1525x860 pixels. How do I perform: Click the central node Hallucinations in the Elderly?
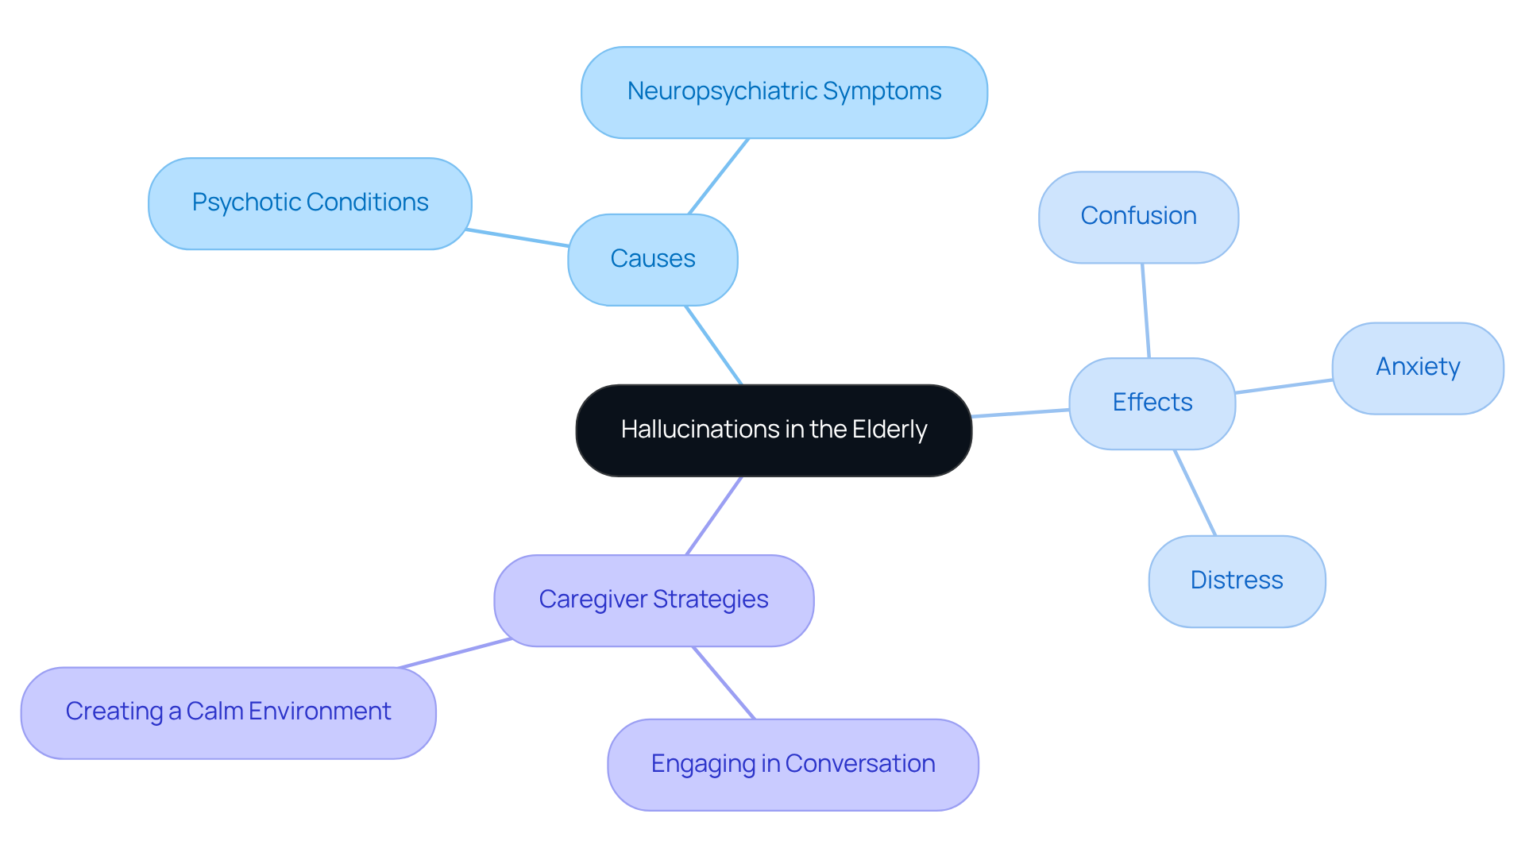[774, 430]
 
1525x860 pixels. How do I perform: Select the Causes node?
[652, 260]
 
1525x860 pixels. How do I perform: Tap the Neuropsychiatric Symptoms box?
[784, 92]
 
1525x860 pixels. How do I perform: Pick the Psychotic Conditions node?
[310, 203]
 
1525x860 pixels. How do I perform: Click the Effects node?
[1152, 403]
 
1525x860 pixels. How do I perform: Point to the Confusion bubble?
[1138, 217]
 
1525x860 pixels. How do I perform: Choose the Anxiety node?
[1417, 368]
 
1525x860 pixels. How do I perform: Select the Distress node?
[1236, 581]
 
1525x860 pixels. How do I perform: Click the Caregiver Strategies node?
[653, 600]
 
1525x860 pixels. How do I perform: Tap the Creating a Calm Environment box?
[228, 712]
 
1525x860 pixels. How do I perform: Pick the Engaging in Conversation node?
[793, 765]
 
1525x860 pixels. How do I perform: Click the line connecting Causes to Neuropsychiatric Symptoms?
[719, 176]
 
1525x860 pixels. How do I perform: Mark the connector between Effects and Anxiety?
[1284, 387]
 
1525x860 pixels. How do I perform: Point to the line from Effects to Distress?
[1195, 493]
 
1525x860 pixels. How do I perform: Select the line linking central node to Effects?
[1021, 413]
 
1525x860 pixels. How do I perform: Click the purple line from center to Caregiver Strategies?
[714, 515]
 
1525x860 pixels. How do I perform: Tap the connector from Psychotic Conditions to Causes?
[518, 237]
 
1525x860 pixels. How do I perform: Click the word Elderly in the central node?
[889, 430]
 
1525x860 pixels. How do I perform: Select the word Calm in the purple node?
[214, 712]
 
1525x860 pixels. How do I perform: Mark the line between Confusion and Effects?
[1145, 310]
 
